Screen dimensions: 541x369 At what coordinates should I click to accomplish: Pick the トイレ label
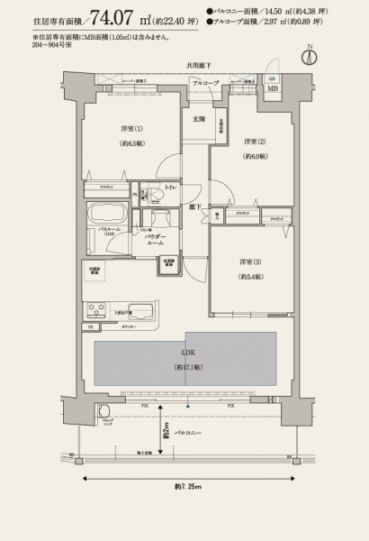pos(169,188)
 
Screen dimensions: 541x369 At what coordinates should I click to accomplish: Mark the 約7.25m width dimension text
pos(184,487)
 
